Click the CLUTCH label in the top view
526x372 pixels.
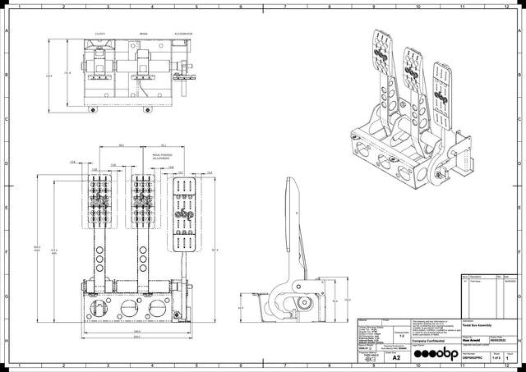tap(99, 34)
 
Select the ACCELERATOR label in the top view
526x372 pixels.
tap(183, 34)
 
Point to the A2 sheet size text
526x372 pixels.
tap(396, 358)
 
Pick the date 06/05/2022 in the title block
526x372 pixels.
tap(501, 338)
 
